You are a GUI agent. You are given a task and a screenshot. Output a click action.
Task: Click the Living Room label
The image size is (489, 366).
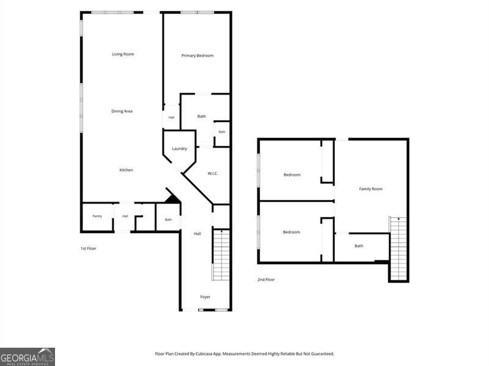point(123,54)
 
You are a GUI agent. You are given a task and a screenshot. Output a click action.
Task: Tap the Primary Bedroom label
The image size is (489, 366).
point(197,56)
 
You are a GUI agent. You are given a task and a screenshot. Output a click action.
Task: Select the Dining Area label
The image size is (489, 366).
point(122,111)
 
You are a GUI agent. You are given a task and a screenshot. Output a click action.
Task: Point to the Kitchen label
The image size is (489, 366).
point(127,170)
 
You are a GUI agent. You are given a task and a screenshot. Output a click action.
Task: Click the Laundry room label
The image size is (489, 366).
point(179,149)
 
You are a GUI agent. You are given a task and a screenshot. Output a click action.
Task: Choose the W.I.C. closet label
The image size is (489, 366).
point(213,173)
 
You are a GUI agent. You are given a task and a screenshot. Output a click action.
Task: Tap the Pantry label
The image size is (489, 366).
point(97,216)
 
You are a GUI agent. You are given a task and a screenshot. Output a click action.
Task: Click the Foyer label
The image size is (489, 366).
point(205,297)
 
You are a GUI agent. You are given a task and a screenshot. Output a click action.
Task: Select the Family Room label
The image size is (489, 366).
point(371,189)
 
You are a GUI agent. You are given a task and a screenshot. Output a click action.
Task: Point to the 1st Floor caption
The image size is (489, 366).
point(89,248)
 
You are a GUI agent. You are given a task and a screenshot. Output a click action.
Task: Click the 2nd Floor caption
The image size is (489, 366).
point(266,279)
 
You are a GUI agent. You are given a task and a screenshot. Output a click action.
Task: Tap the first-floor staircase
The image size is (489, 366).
point(221,255)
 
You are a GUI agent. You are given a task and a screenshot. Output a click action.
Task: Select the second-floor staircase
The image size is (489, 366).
point(399,248)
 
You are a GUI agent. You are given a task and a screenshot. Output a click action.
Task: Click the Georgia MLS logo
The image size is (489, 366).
point(28,357)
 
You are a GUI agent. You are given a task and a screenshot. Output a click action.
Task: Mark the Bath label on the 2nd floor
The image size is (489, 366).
point(359,246)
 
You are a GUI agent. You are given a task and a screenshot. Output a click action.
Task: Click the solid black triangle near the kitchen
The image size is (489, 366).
point(172,199)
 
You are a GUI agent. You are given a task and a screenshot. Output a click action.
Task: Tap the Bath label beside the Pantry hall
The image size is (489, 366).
point(169,220)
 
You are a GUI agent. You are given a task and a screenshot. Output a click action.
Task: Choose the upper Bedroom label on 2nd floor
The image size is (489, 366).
point(292,175)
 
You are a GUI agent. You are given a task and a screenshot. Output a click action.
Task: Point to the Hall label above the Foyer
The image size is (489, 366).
point(197,234)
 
